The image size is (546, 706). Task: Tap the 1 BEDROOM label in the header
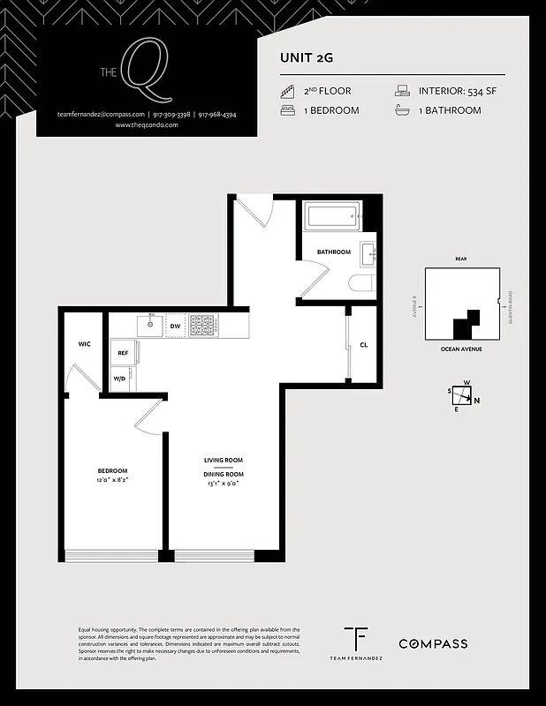pos(331,110)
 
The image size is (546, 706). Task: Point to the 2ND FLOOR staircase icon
pos(287,91)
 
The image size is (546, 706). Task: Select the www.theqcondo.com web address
pos(147,125)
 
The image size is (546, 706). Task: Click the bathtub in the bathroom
pos(331,215)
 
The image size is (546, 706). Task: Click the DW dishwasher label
pos(175,327)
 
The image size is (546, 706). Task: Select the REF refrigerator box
pos(123,353)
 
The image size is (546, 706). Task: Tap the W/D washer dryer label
pos(119,379)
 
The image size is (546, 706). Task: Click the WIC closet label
pos(85,343)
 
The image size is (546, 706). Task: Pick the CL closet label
pos(363,344)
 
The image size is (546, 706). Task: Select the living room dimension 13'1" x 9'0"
pos(223,484)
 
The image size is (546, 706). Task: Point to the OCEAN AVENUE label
pos(460,349)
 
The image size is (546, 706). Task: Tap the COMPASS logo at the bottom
pos(433,644)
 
